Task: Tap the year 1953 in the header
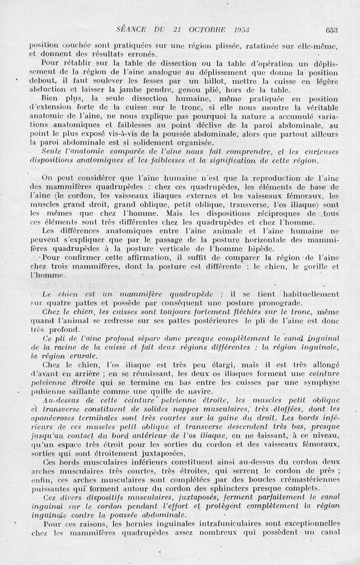point(241,30)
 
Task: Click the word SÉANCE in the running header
point(132,30)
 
